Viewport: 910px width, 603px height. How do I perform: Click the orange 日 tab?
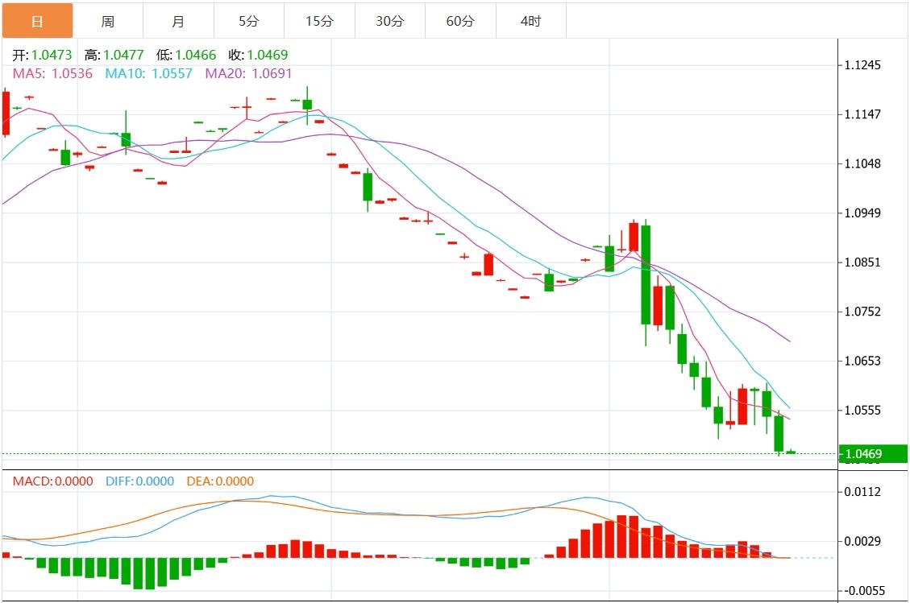(37, 21)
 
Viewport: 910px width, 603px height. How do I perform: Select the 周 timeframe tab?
(108, 21)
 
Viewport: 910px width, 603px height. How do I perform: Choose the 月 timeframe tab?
(178, 21)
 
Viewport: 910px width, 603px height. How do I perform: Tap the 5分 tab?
(249, 21)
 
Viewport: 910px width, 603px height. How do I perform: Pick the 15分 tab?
(319, 21)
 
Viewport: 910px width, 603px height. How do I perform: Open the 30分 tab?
(390, 21)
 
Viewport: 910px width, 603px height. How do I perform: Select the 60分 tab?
(460, 21)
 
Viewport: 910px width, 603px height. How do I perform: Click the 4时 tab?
(531, 21)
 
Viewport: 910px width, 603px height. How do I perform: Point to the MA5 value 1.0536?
(72, 73)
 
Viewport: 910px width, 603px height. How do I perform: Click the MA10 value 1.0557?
(170, 73)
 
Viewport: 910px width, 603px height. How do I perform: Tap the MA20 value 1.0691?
(270, 73)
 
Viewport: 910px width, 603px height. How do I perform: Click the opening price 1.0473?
(52, 55)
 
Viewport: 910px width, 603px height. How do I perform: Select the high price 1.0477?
(124, 55)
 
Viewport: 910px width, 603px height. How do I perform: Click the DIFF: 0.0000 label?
(139, 481)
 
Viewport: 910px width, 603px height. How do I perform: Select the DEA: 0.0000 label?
(219, 481)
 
